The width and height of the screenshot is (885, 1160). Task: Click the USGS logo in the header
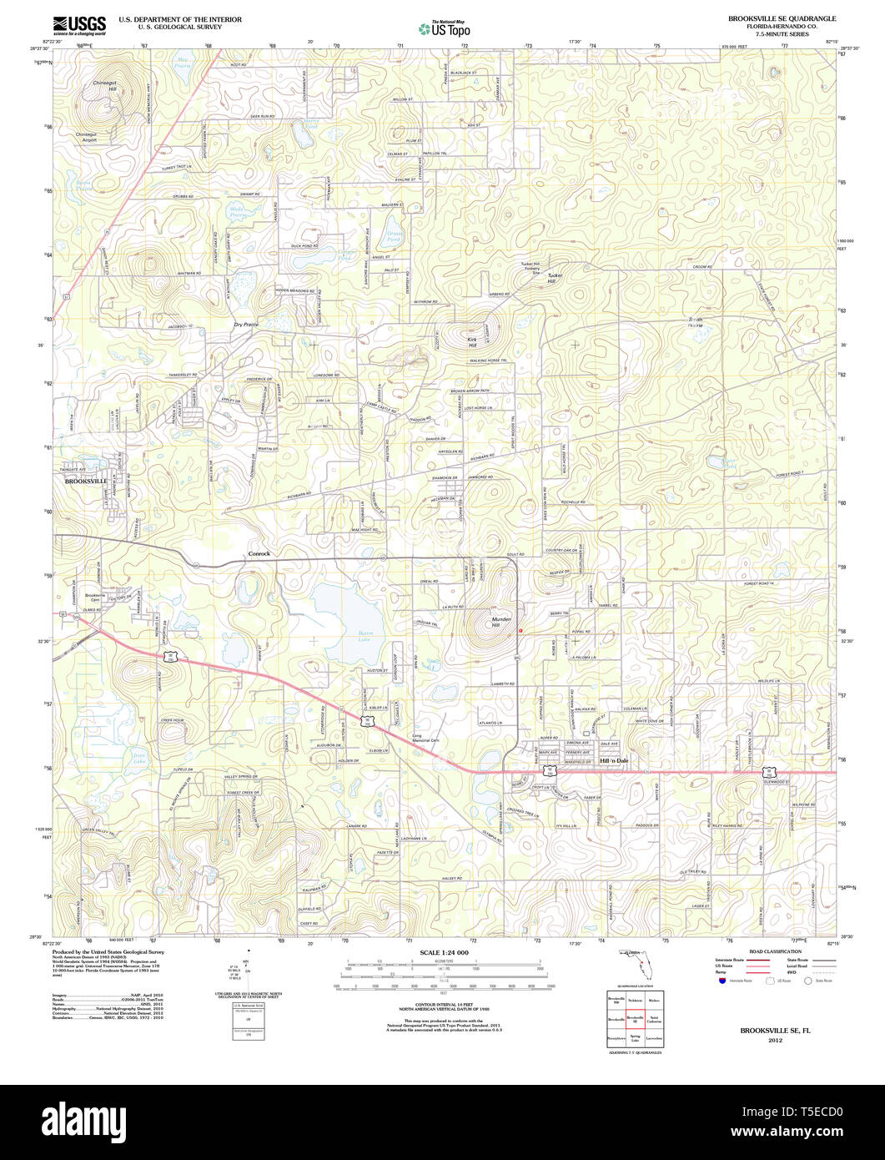tap(78, 25)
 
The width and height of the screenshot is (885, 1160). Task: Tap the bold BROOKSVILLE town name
tap(86, 482)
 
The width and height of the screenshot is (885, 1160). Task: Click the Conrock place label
tap(260, 553)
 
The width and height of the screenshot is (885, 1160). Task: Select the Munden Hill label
tap(501, 621)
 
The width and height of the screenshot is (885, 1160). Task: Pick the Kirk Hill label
tap(472, 342)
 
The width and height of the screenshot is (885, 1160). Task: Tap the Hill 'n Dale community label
tap(613, 761)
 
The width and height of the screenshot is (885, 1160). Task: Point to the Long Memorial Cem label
tap(425, 738)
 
